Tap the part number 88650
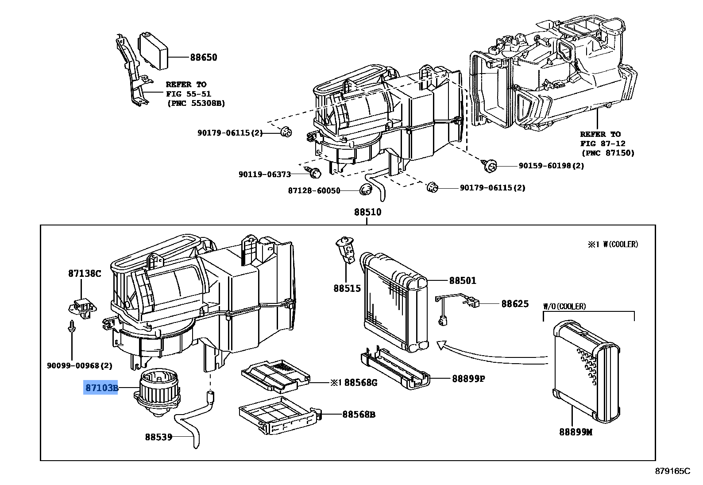[x=204, y=57]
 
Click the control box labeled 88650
[x=154, y=50]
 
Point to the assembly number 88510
[x=367, y=212]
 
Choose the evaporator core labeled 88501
[x=394, y=306]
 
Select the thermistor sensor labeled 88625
[x=456, y=306]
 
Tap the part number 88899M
[x=575, y=432]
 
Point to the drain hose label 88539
[x=158, y=437]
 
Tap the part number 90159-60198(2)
[x=551, y=166]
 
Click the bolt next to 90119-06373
[x=314, y=173]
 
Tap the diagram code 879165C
[x=672, y=471]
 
